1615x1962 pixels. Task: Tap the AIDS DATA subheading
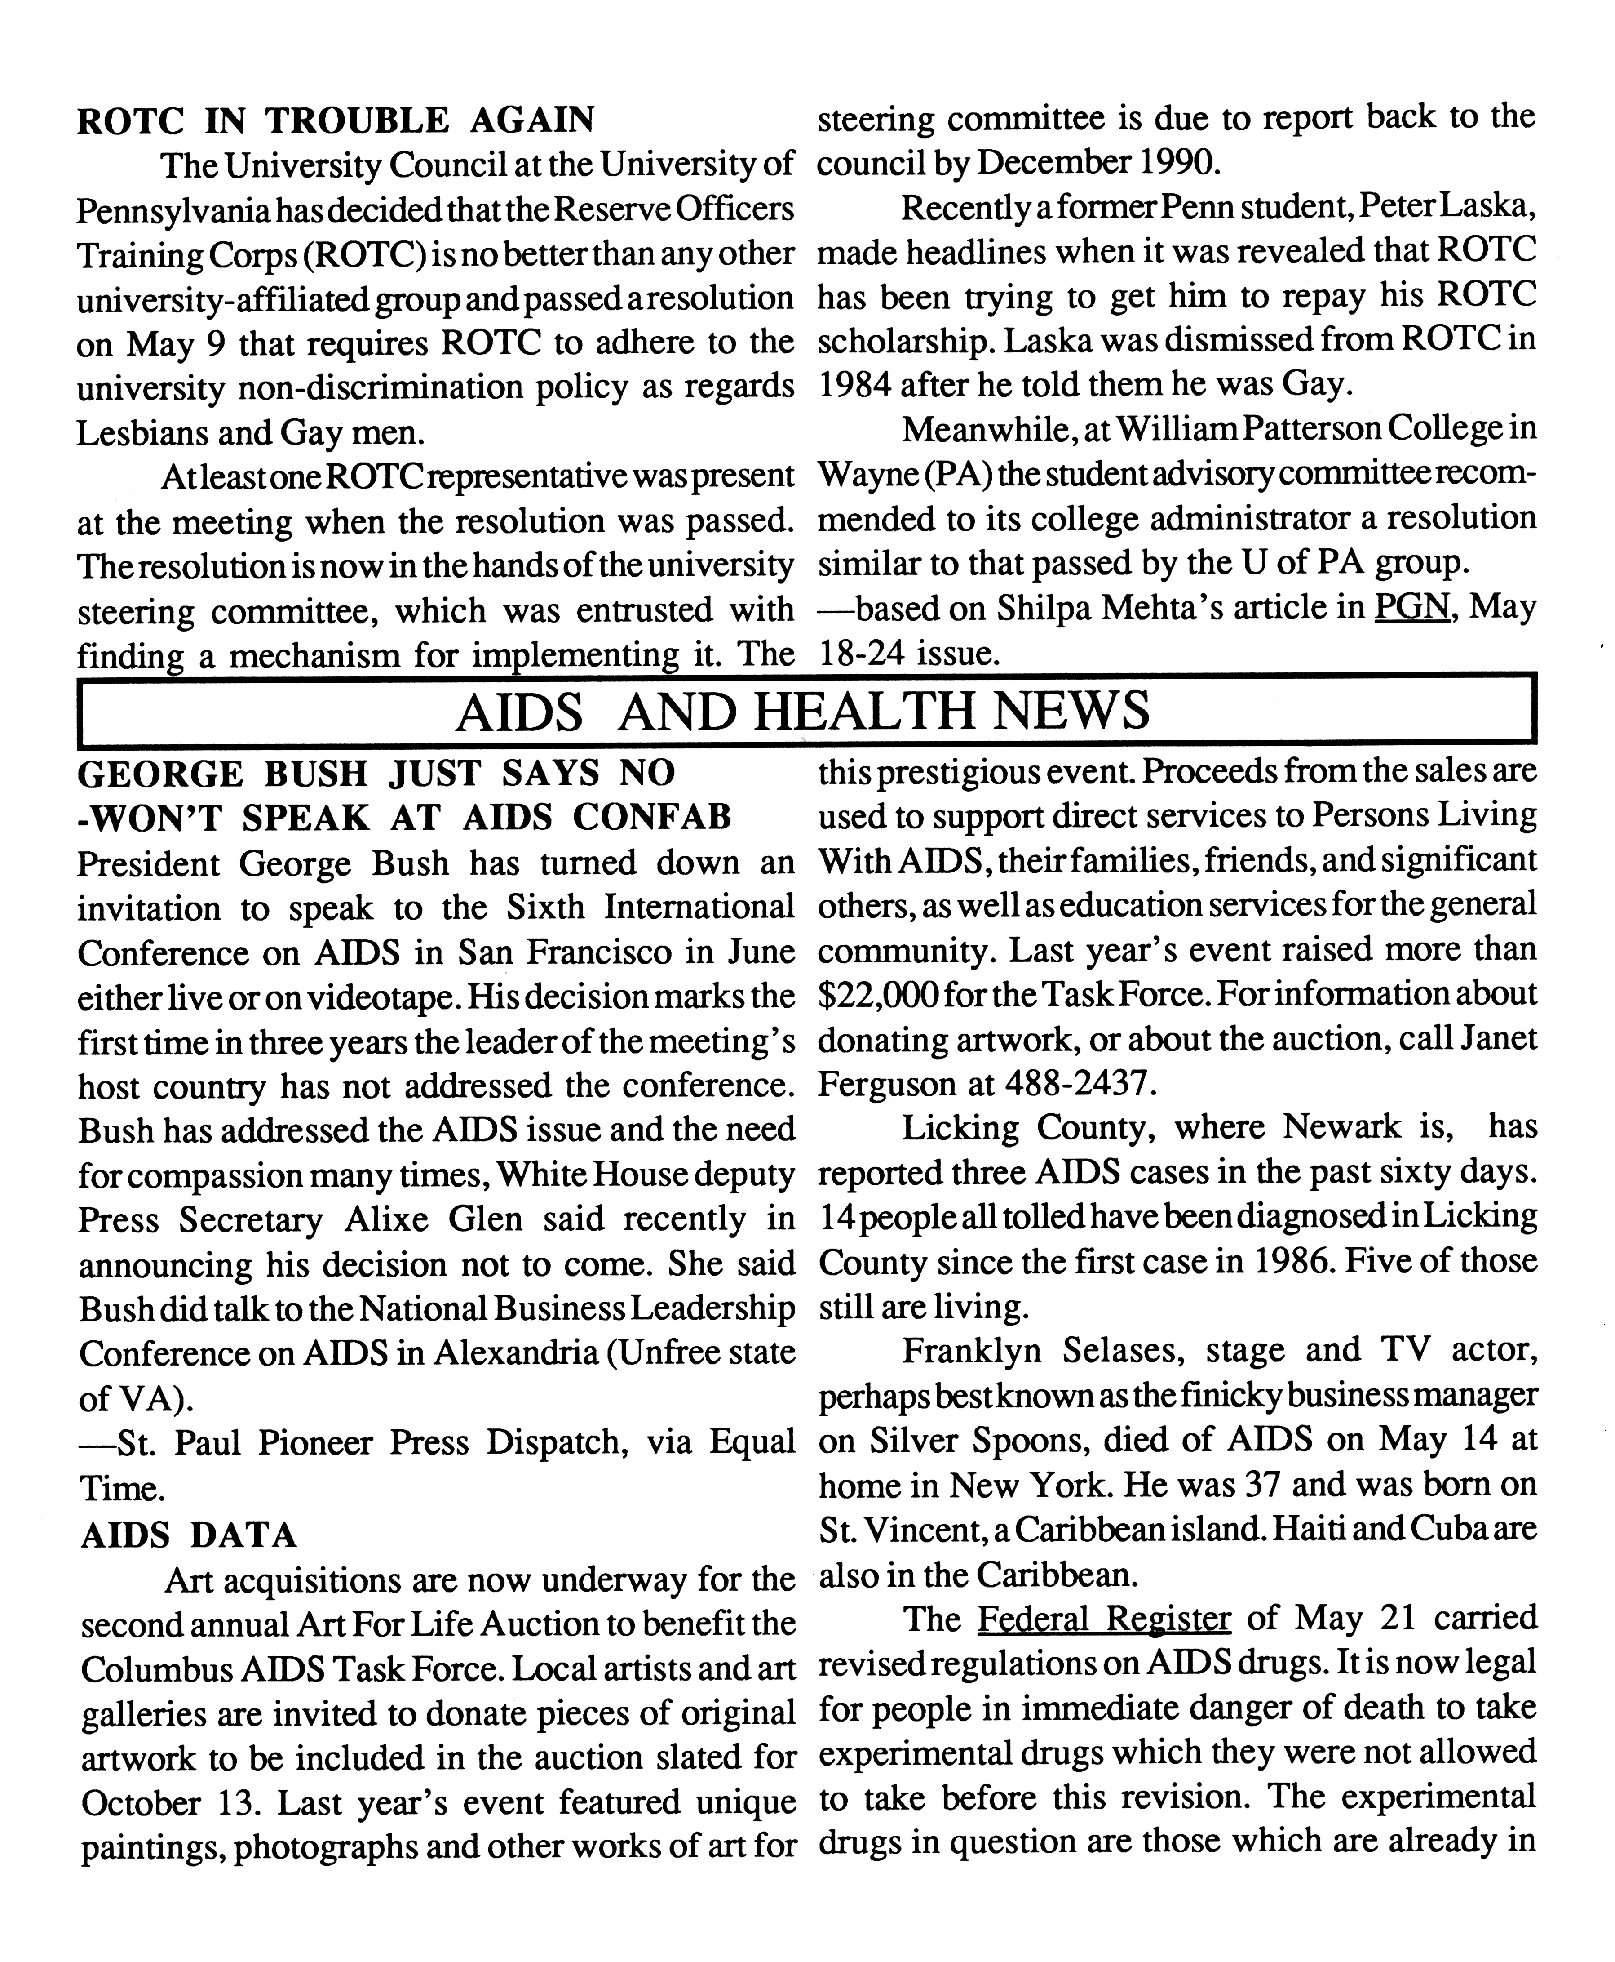[189, 1535]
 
